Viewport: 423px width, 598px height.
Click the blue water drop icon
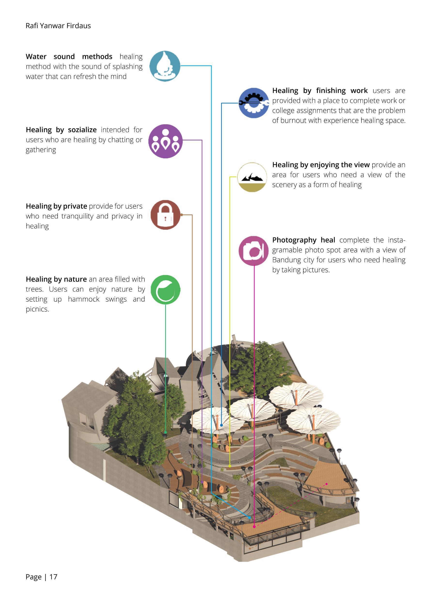[x=165, y=66]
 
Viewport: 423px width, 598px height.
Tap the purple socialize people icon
[x=165, y=141]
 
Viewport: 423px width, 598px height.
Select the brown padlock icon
[x=165, y=215]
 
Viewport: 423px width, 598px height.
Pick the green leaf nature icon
[x=165, y=290]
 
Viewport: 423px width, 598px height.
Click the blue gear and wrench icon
[x=253, y=103]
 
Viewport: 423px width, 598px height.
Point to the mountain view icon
[x=252, y=177]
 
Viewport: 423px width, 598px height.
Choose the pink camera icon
[x=253, y=251]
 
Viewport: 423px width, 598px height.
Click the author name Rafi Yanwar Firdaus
[x=58, y=26]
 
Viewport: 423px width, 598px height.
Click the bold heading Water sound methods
[x=69, y=56]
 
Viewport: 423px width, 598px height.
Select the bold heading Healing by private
[x=56, y=206]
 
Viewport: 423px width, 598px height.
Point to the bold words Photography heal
[x=304, y=240]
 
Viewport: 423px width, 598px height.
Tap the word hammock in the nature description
[x=84, y=299]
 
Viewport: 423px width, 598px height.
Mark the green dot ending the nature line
[x=165, y=432]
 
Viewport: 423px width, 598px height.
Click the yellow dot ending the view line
[x=230, y=466]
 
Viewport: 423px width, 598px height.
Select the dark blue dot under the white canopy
[x=221, y=425]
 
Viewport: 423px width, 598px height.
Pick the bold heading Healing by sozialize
[x=61, y=130]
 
